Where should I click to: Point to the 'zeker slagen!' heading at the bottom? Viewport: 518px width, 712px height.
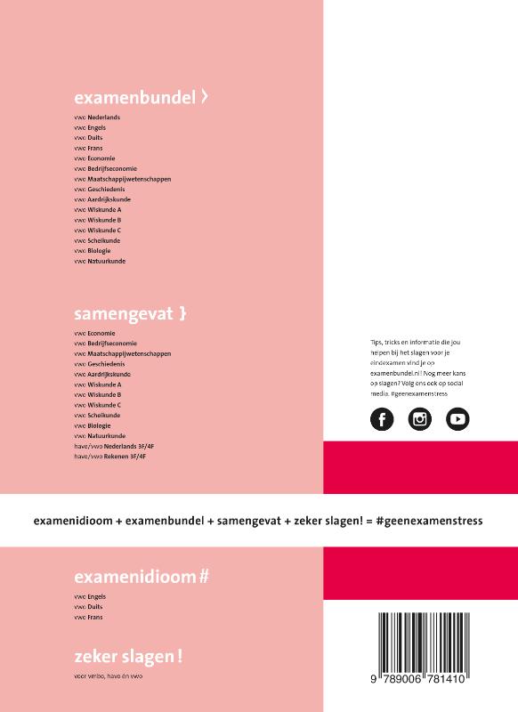click(x=123, y=657)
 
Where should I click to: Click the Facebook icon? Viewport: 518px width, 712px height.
click(x=381, y=419)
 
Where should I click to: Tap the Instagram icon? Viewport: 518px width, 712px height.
click(x=419, y=419)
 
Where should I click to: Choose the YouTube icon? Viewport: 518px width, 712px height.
click(x=457, y=419)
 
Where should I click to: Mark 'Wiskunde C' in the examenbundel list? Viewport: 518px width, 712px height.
click(x=104, y=231)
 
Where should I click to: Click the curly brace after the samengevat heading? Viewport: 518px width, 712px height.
click(x=182, y=313)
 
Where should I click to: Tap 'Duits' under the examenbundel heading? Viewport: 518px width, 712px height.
click(x=93, y=138)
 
